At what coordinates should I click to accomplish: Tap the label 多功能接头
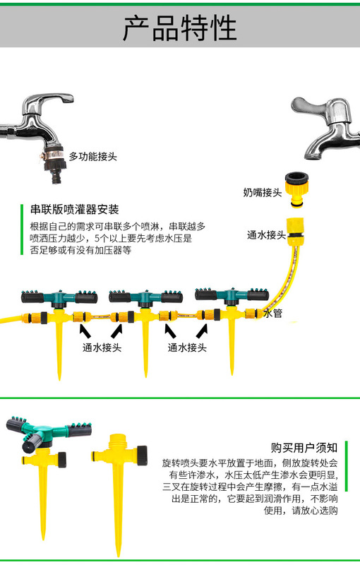(x=92, y=155)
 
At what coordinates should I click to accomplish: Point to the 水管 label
(x=272, y=312)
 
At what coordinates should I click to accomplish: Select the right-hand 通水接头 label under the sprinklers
(x=187, y=347)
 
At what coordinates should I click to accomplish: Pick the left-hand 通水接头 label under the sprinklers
(x=102, y=347)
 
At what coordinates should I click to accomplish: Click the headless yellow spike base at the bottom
(x=117, y=487)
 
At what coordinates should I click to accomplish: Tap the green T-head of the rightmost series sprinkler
(x=229, y=291)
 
